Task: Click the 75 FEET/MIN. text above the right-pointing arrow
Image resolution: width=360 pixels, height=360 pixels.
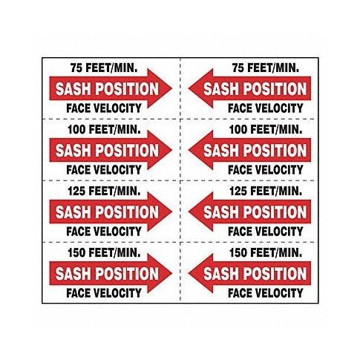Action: coord(104,68)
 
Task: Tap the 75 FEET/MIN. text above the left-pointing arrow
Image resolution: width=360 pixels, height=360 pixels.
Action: coord(266,68)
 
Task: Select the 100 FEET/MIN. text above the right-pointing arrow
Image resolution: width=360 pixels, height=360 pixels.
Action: coord(104,129)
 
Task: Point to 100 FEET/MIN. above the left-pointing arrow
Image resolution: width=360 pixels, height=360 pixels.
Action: coord(266,129)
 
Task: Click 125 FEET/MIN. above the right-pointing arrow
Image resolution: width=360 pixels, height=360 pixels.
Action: coord(104,191)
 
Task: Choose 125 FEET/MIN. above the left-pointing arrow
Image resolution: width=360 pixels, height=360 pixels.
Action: coord(266,191)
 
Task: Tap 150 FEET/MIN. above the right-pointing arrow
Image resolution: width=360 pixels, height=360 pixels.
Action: coord(104,252)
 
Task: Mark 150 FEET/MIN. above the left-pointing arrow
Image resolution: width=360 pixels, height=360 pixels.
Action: coord(266,252)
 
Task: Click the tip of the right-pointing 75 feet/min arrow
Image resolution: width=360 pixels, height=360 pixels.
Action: coord(171,88)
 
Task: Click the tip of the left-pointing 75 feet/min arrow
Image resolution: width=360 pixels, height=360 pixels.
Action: coord(189,88)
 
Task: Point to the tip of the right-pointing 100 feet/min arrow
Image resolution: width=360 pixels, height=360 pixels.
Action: coord(171,150)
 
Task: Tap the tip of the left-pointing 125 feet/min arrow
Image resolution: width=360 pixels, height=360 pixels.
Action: coord(189,212)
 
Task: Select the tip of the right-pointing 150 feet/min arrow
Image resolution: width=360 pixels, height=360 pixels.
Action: coord(171,273)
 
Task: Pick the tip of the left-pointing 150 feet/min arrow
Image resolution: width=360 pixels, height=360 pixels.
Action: coord(189,273)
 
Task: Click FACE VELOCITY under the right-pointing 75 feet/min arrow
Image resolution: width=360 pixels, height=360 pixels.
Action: coord(104,108)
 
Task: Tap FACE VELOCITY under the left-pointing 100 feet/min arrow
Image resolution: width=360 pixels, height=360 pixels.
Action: coord(266,170)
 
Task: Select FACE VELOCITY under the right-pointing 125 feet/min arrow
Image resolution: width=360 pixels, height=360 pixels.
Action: coord(104,232)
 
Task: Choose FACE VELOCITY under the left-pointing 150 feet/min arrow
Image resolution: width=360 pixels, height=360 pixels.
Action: coord(266,293)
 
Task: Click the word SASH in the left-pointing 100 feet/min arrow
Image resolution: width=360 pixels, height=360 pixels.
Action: coord(222,151)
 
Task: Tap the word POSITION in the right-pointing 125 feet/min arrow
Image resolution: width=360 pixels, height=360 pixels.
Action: coord(127,212)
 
